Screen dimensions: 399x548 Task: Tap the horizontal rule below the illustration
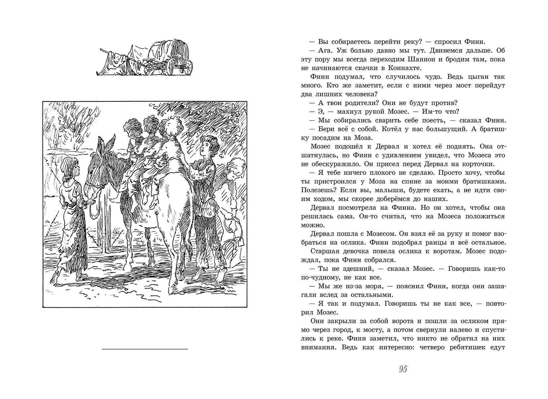click(x=144, y=349)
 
